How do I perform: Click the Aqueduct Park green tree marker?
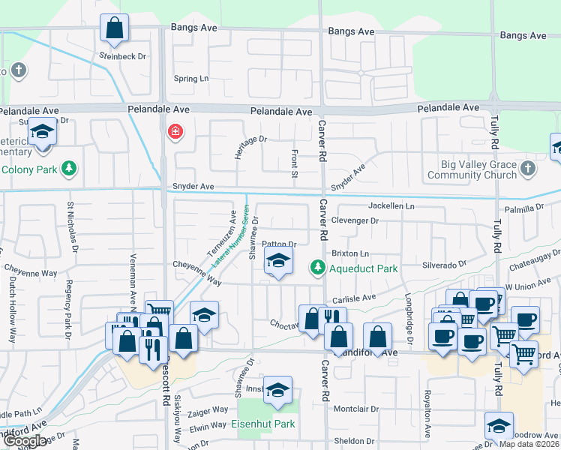(x=318, y=267)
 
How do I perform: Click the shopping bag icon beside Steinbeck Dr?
(x=114, y=29)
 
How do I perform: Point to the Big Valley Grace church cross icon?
(x=529, y=168)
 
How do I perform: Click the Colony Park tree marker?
(x=69, y=168)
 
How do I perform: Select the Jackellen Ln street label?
(x=391, y=205)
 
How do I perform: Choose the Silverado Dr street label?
(x=445, y=264)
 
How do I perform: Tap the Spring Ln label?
(x=191, y=79)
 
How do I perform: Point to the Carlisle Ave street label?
(x=354, y=298)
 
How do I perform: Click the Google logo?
(x=25, y=441)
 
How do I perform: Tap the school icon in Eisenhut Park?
(x=277, y=390)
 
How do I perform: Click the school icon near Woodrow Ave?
(x=499, y=426)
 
